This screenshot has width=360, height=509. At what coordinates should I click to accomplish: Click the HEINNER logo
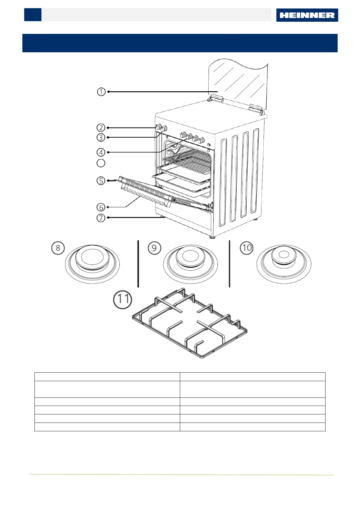point(307,15)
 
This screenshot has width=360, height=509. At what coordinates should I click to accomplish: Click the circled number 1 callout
point(101,92)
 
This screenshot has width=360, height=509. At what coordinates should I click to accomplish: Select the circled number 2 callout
point(101,128)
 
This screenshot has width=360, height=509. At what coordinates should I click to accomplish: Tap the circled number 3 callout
point(101,137)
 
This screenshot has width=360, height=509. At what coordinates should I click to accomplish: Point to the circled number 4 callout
point(101,152)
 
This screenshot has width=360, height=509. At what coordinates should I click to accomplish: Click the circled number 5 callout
point(101,181)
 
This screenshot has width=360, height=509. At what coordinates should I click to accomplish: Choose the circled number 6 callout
point(101,207)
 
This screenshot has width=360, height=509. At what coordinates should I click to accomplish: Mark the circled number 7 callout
point(101,218)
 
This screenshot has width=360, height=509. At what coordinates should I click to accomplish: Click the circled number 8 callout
point(58,248)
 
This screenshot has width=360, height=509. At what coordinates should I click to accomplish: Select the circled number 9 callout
point(154,248)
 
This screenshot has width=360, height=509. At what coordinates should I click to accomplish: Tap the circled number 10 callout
point(246,248)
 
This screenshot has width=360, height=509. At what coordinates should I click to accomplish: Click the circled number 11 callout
point(122,299)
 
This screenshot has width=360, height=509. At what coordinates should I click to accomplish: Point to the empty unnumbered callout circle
point(101,163)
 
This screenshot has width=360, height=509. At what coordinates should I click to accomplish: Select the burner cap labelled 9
point(190,257)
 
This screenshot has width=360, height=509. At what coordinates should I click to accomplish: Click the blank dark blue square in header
point(33,15)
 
